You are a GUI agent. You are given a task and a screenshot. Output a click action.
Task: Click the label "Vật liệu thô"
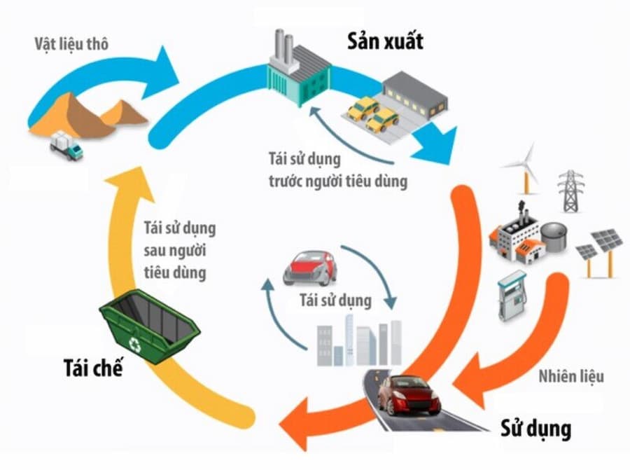point(71,44)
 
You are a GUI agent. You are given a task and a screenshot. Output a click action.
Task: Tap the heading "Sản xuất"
point(385,41)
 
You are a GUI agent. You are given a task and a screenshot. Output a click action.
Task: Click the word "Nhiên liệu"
point(571,376)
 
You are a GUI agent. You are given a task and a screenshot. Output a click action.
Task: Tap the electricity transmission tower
point(571,190)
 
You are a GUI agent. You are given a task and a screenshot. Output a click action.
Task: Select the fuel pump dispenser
point(511,295)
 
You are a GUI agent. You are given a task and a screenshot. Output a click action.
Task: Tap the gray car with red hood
point(309,267)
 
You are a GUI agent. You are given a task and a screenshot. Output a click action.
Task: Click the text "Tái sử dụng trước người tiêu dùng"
point(337,170)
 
